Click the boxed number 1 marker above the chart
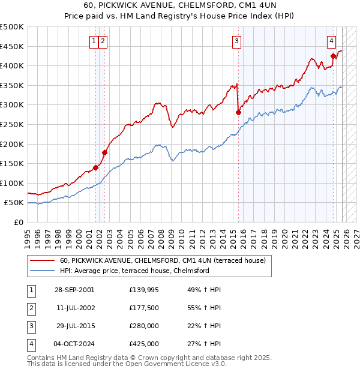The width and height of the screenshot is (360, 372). (94, 41)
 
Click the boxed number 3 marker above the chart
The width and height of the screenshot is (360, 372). (237, 41)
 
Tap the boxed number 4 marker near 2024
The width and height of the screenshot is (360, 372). (331, 41)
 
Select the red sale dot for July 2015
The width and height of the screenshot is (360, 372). (238, 112)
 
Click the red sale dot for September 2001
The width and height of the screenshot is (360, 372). (95, 167)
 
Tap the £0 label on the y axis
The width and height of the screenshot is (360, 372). (17, 222)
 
